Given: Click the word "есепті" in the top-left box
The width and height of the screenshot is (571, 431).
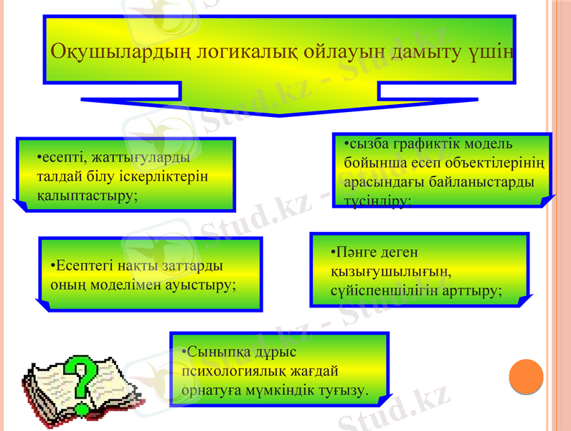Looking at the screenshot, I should click(60, 155).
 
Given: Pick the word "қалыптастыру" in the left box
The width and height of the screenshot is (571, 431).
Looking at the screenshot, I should click(87, 195).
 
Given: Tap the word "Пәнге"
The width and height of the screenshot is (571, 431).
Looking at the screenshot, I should click(351, 253).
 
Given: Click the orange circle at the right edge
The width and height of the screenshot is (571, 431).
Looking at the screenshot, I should click(525, 376).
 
